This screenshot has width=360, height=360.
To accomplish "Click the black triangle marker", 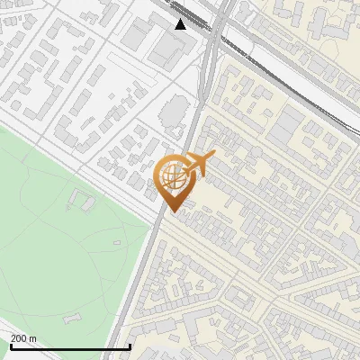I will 181,23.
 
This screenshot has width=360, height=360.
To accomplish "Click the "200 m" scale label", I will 24,337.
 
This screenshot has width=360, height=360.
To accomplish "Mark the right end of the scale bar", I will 131,346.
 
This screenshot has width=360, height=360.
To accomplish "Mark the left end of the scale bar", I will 10,346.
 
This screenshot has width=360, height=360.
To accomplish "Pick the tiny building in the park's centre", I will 116,242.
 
